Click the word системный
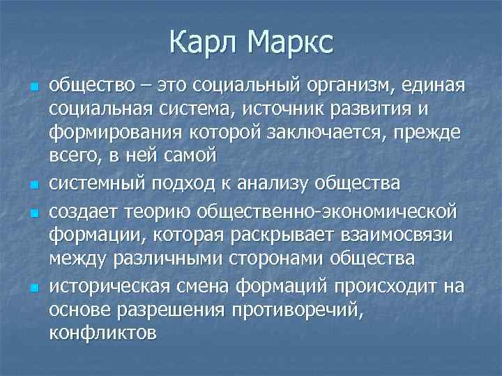point(94,184)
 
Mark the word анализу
point(272,184)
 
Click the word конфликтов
point(102,333)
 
